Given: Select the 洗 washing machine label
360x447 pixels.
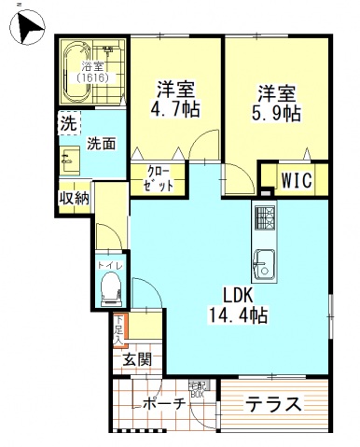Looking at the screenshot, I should [68, 123].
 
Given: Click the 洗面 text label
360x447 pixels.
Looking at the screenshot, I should [101, 144].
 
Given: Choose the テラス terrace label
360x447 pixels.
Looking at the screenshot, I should [273, 405].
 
